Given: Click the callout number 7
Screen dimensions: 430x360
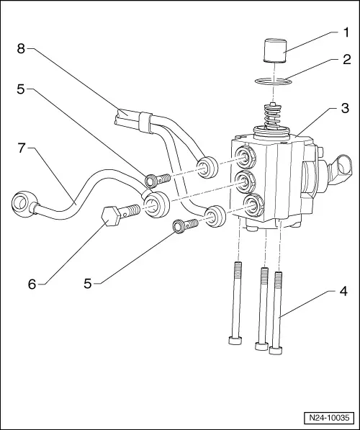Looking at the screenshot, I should point(22,148).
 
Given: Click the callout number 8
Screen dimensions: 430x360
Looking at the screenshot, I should point(22,49).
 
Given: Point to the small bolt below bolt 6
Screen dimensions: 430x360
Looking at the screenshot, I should point(181,228).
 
